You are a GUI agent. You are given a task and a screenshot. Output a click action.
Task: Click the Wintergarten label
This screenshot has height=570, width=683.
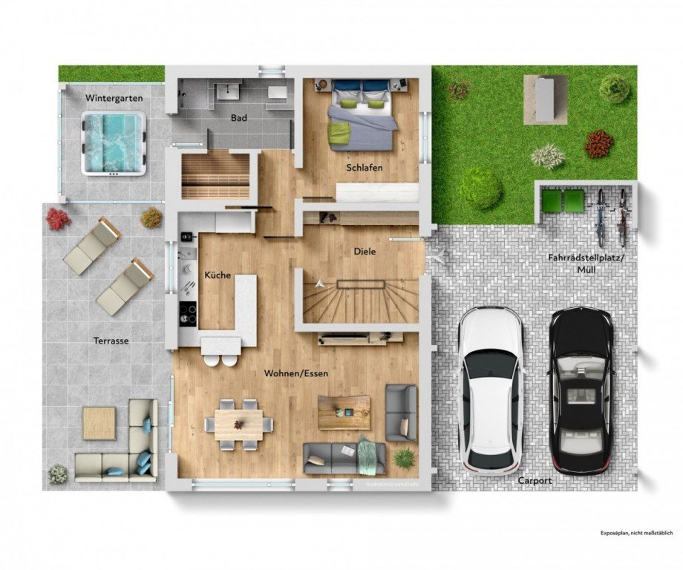click(x=114, y=98)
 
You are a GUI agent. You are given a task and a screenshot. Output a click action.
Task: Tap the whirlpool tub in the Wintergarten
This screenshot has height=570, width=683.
click(x=114, y=143)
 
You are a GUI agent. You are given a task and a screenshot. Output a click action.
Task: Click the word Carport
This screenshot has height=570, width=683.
click(x=535, y=481)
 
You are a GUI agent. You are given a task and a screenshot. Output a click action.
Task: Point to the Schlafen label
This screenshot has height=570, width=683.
click(x=364, y=168)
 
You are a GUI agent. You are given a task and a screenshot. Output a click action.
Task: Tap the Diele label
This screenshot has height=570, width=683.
click(x=365, y=252)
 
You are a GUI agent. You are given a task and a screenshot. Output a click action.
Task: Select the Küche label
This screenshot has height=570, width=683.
click(x=218, y=275)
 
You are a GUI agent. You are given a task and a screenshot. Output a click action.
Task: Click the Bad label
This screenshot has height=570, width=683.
click(x=239, y=118)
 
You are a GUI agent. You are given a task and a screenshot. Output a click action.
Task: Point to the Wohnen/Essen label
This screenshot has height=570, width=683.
click(x=296, y=373)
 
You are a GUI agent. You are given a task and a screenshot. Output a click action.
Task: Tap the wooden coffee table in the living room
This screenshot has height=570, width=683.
click(x=344, y=412)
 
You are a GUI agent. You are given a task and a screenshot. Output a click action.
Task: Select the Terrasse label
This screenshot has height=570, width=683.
click(x=113, y=341)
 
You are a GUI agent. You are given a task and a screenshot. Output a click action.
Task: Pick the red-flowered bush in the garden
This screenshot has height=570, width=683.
click(x=598, y=143)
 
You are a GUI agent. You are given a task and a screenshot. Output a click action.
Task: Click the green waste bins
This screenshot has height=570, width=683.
click(x=563, y=201)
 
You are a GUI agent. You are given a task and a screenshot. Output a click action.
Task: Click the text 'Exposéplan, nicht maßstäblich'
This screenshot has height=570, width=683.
click(x=636, y=533)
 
